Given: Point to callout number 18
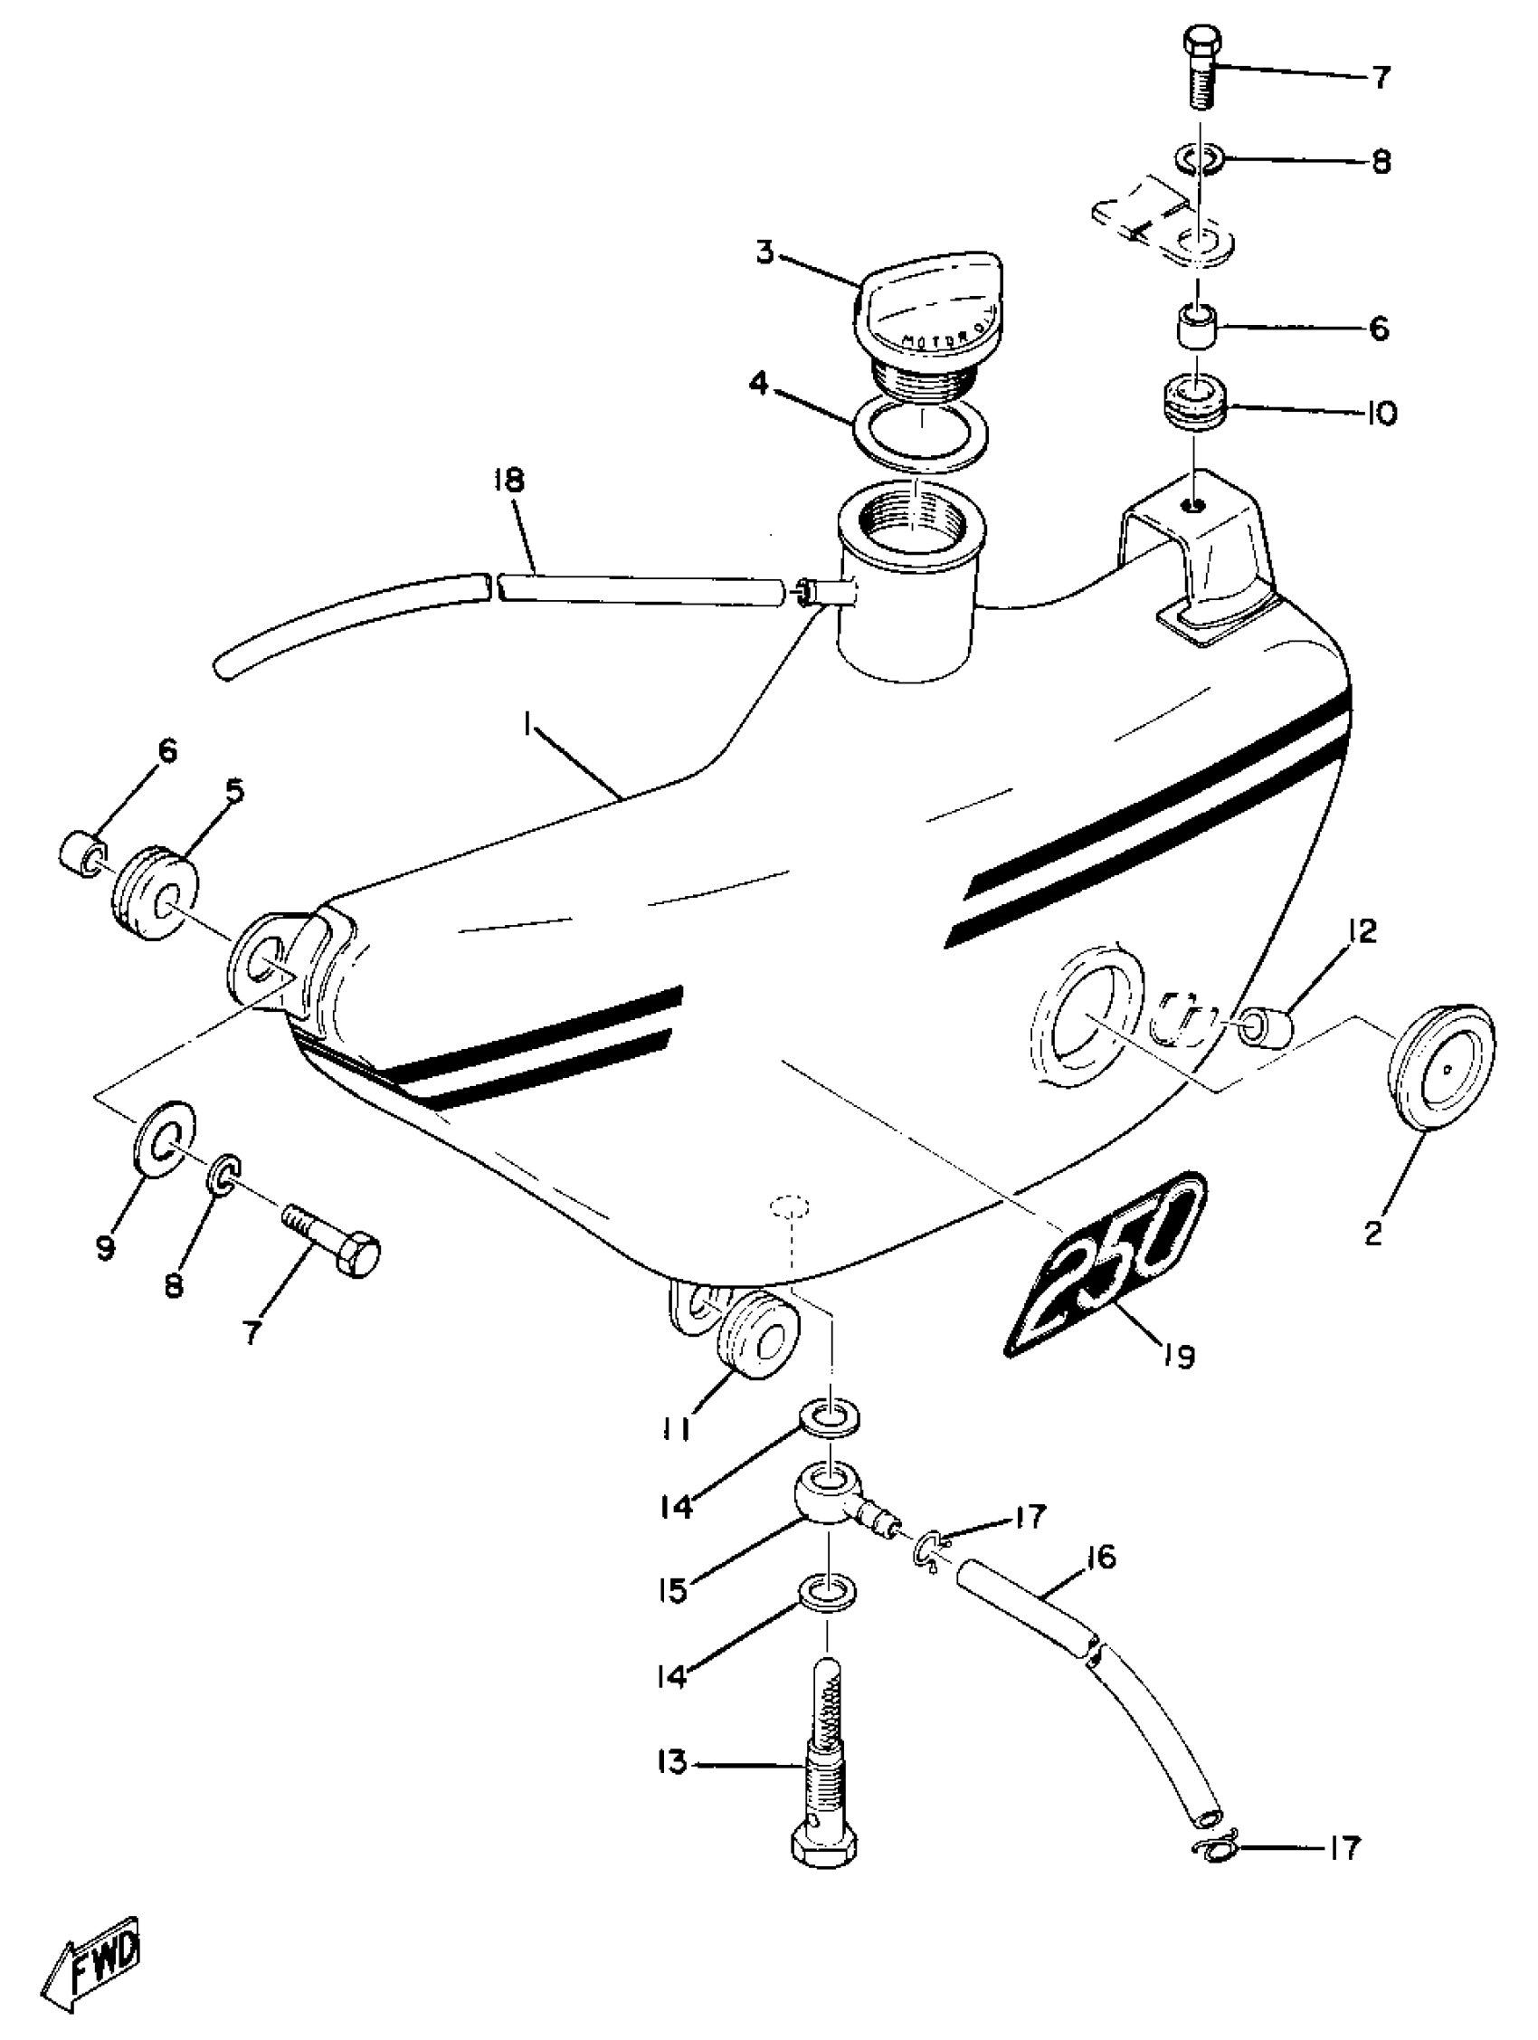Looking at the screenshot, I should tap(508, 481).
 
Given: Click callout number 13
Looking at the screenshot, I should tap(674, 1763).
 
